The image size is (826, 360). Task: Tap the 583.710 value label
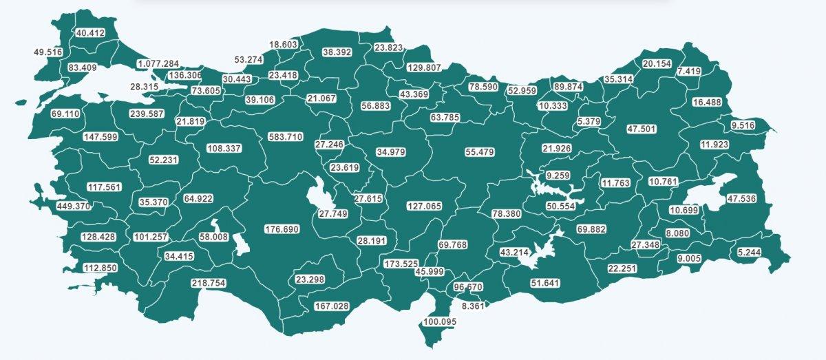coord(285,137)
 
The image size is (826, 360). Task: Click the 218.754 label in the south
coord(208,283)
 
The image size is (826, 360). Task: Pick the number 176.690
coord(282,229)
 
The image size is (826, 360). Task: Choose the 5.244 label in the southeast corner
coord(748,252)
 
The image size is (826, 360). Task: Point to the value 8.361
coord(473,306)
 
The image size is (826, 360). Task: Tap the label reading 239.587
coord(147,114)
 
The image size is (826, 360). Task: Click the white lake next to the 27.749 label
coord(318,195)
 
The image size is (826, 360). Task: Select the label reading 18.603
coord(283,44)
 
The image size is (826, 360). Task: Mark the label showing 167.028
coord(333,306)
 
